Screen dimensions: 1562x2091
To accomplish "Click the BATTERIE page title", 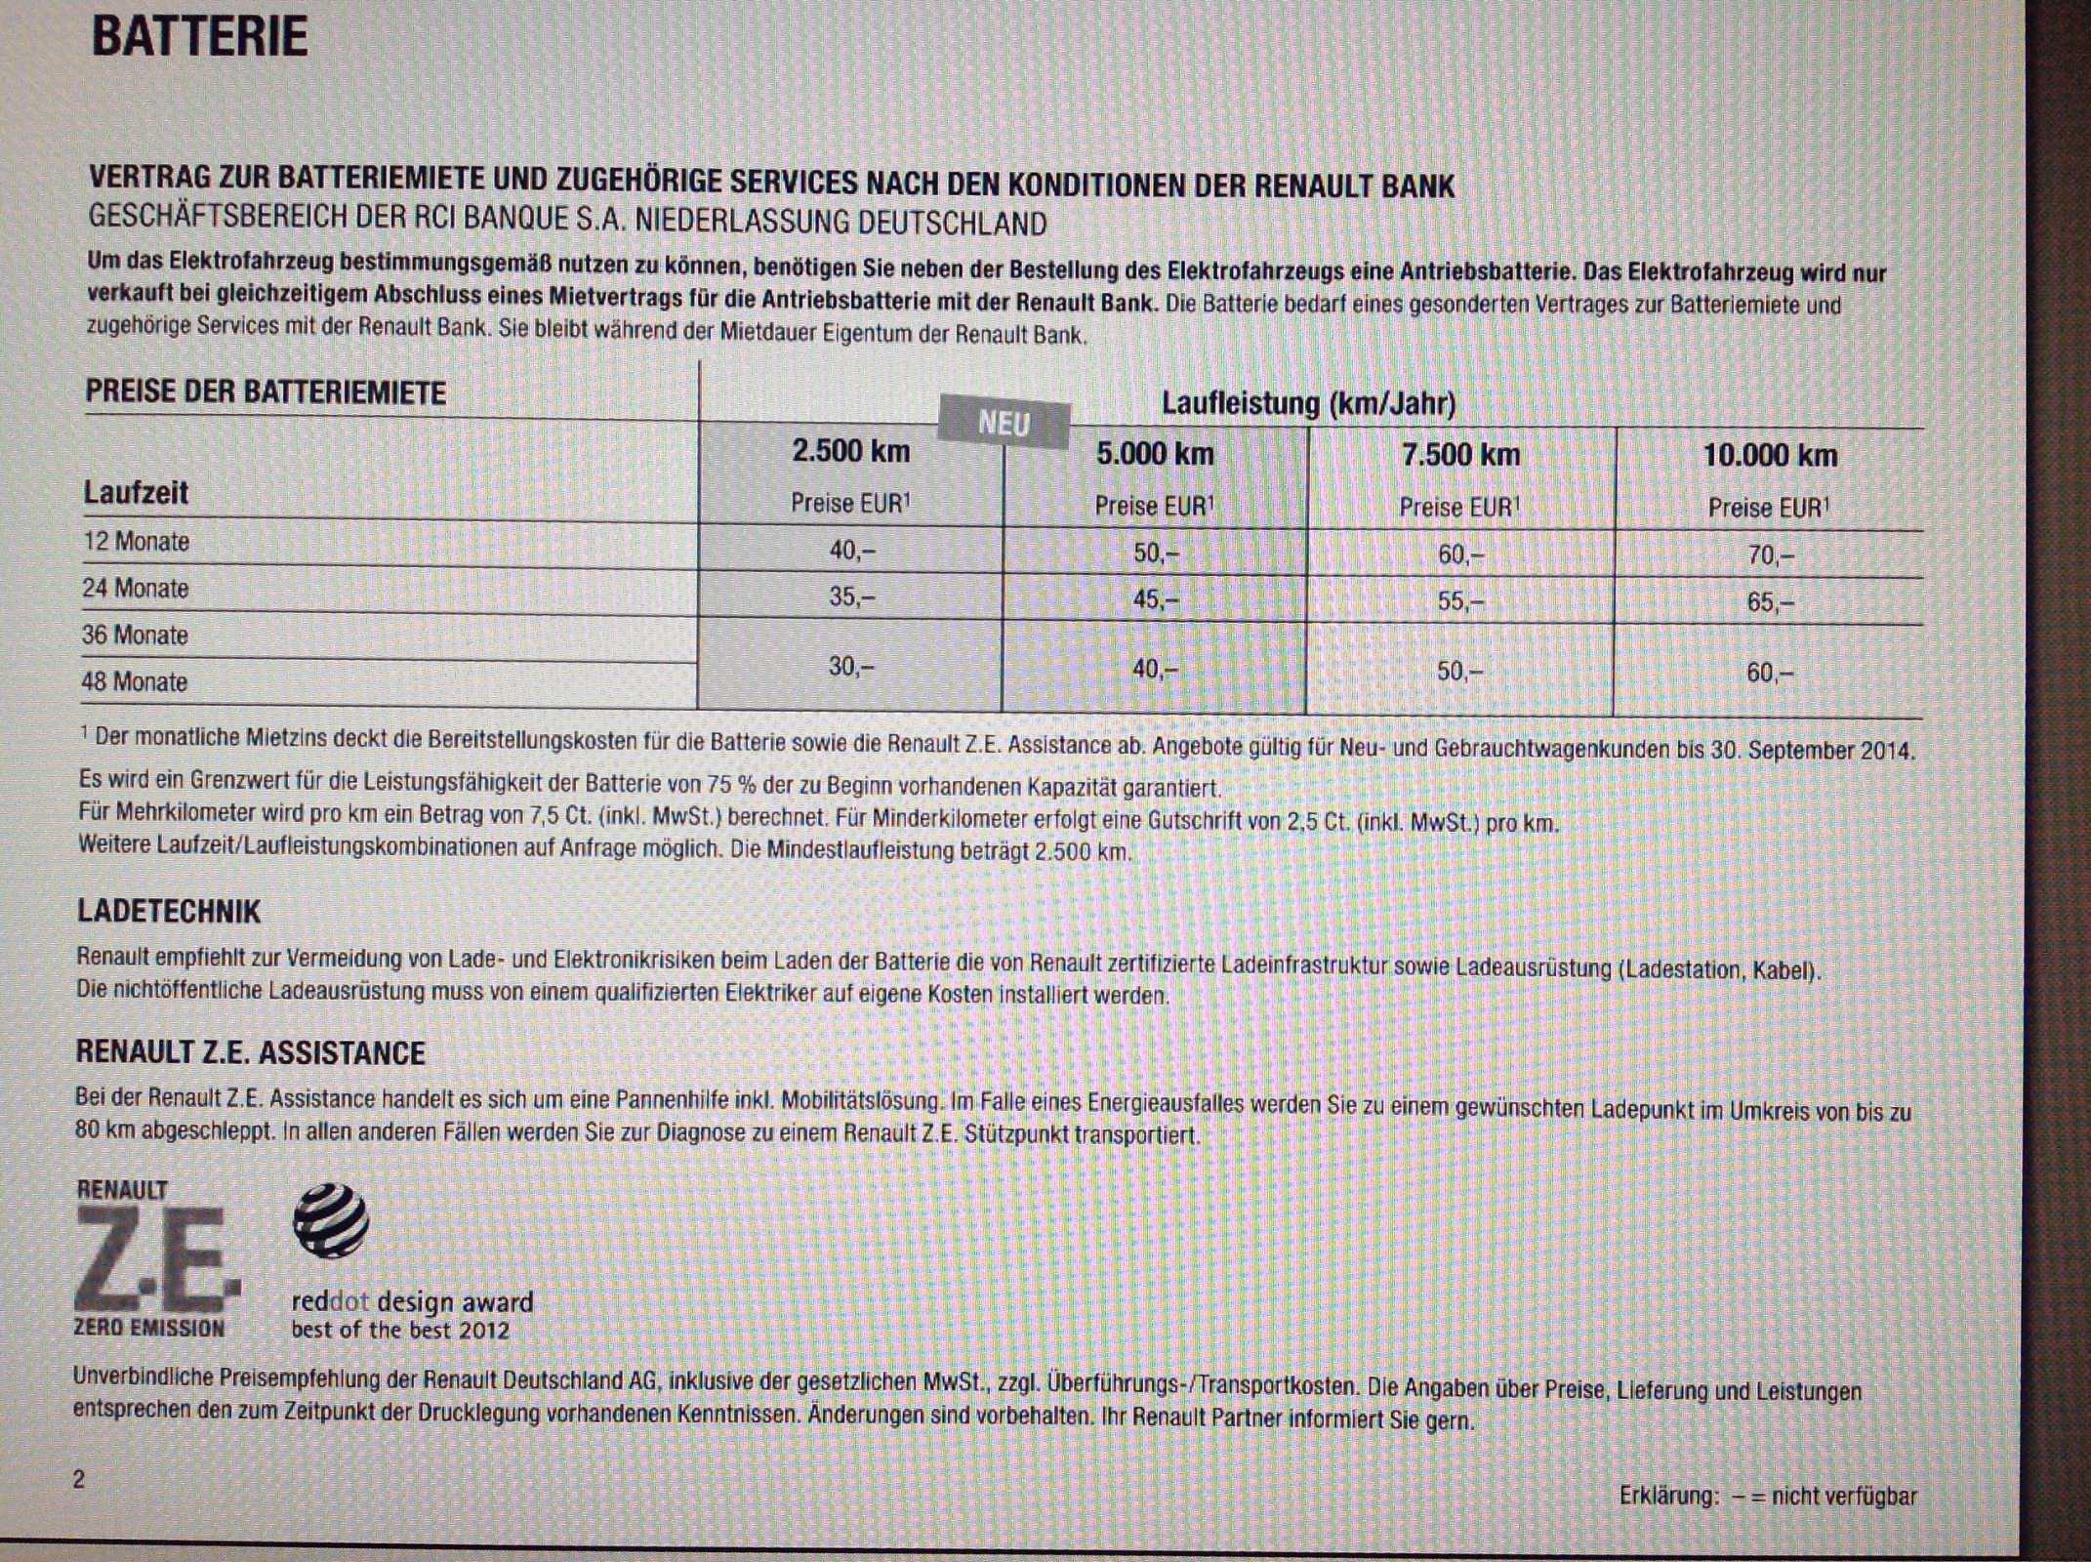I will [199, 37].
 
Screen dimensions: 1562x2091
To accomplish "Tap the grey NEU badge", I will [1004, 424].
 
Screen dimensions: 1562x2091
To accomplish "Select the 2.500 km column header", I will [850, 451].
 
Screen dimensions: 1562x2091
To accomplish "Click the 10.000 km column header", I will [1769, 455].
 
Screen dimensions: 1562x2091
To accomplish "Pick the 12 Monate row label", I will [137, 542].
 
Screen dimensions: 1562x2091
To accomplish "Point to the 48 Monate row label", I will [135, 681].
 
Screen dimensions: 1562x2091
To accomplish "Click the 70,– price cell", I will [1770, 555].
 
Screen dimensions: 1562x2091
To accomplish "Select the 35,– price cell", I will [851, 596].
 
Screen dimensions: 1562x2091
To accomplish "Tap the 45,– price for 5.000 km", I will [1155, 599].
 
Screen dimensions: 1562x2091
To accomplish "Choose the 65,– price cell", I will [1770, 602].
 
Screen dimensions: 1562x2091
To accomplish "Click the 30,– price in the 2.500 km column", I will [851, 667].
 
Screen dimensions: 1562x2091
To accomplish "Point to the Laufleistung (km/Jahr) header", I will [1308, 403].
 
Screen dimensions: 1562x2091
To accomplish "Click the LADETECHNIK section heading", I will [169, 912].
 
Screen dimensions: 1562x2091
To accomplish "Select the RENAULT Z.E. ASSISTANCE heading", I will [251, 1052].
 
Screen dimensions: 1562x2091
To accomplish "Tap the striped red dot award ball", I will [331, 1220].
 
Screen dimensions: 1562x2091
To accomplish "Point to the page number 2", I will [79, 1479].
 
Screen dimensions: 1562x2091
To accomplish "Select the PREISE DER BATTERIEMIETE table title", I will [266, 392].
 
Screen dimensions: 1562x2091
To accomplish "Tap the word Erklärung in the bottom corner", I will [1668, 1496].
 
